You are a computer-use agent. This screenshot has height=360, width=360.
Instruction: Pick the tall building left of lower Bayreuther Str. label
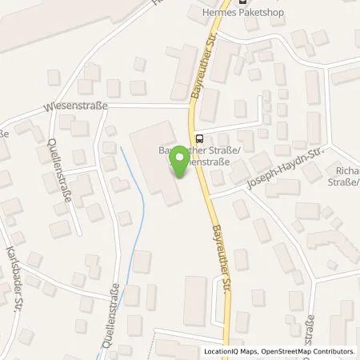pos(194,301)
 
